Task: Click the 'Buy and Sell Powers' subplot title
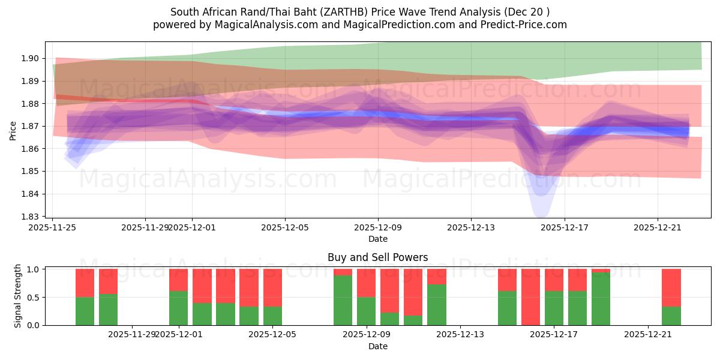(378, 257)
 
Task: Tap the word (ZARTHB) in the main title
(341, 12)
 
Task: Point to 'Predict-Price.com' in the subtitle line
(524, 25)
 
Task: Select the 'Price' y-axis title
(13, 130)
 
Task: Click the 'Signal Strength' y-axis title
(18, 296)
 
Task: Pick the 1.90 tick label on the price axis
(31, 59)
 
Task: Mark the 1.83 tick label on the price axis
(31, 217)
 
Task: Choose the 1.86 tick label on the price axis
(31, 149)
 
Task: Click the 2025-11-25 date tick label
(53, 227)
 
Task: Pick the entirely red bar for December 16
(531, 297)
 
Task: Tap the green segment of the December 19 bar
(601, 299)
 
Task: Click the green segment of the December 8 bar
(343, 300)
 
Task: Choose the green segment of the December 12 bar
(437, 305)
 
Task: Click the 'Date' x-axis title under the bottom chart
(378, 347)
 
